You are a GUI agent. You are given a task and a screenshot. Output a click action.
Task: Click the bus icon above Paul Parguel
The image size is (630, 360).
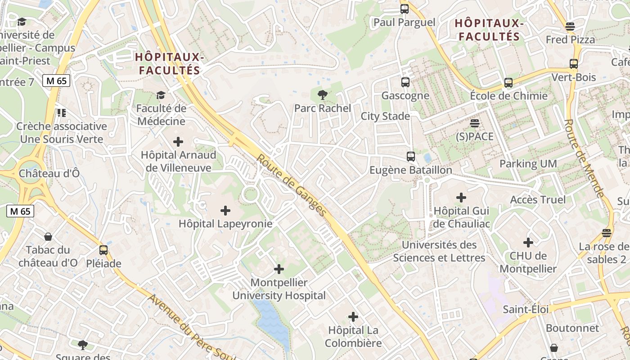click(405, 9)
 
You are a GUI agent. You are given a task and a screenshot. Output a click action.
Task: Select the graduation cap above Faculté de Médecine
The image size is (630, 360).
click(161, 95)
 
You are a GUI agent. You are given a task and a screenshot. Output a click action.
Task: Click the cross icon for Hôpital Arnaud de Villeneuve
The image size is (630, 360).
click(178, 142)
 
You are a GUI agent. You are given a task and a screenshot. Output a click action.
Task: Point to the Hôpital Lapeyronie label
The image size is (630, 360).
click(225, 223)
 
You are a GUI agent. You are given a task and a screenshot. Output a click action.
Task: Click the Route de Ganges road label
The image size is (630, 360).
click(291, 185)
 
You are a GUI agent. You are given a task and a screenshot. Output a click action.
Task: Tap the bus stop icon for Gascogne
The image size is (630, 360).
click(405, 82)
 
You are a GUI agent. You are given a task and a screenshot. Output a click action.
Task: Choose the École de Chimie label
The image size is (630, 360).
click(509, 95)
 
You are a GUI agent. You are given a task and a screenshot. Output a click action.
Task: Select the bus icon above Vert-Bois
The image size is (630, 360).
click(574, 64)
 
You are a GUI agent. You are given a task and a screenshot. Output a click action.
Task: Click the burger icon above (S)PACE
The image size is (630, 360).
click(475, 123)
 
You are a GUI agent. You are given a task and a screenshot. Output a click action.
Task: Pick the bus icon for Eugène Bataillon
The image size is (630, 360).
click(411, 157)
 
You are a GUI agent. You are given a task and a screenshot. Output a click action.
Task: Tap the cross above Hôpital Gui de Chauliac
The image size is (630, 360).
click(461, 197)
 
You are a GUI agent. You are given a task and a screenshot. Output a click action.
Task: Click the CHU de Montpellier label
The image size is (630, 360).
click(528, 262)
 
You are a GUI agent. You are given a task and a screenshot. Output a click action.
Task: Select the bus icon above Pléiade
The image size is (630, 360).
click(103, 250)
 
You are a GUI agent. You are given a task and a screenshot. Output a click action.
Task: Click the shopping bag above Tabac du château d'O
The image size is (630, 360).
click(48, 237)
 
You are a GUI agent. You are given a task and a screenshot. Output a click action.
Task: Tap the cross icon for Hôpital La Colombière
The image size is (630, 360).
click(353, 317)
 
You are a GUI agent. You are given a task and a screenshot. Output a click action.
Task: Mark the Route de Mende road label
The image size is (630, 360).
click(585, 158)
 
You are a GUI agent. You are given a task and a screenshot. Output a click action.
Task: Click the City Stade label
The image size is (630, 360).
click(385, 116)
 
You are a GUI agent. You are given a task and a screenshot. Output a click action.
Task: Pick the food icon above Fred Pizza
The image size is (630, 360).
click(570, 27)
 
